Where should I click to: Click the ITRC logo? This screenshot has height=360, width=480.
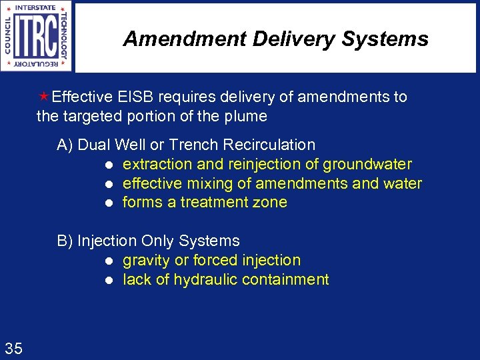[37, 37]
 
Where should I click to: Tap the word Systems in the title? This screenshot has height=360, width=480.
[385, 39]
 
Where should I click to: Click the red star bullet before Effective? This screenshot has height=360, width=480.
[44, 97]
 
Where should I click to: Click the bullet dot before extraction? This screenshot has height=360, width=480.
[107, 165]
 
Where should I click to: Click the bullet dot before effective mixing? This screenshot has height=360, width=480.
[107, 184]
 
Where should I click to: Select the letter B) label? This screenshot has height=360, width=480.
[65, 241]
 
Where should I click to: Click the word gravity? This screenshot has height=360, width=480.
[146, 261]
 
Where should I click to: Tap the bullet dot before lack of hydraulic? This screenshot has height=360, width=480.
[107, 280]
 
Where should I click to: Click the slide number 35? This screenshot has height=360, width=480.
[13, 347]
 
